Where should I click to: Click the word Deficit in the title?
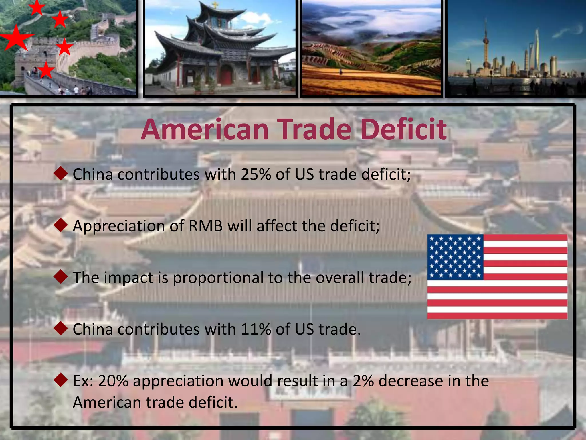click(403, 129)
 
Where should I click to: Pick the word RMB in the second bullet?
click(205, 226)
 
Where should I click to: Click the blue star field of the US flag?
click(455, 257)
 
